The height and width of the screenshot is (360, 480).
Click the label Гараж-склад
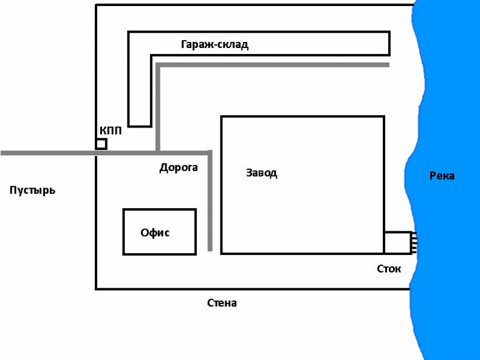click(x=214, y=44)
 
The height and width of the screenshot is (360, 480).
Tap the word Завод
click(x=261, y=173)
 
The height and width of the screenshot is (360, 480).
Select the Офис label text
click(x=155, y=233)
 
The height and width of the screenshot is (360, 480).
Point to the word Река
click(x=442, y=176)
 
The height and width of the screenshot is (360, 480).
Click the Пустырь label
click(x=33, y=191)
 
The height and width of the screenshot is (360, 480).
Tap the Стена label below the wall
click(x=222, y=303)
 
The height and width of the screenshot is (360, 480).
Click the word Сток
click(x=389, y=269)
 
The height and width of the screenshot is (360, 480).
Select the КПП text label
click(x=110, y=131)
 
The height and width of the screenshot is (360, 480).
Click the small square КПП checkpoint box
click(x=101, y=144)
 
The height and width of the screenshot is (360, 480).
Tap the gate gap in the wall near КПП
click(x=97, y=153)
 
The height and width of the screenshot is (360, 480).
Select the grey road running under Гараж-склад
click(x=273, y=64)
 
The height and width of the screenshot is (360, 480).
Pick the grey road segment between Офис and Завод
click(x=210, y=200)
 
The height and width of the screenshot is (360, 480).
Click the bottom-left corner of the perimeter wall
click(x=97, y=288)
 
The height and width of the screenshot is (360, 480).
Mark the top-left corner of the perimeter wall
click(x=97, y=5)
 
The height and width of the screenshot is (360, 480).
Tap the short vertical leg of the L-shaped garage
click(x=139, y=91)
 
